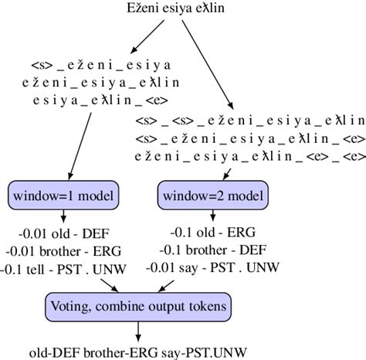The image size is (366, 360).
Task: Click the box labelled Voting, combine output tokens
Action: click(137, 305)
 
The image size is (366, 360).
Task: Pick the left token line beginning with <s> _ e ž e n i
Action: click(101, 64)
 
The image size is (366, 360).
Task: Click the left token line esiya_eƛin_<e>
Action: click(101, 100)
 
